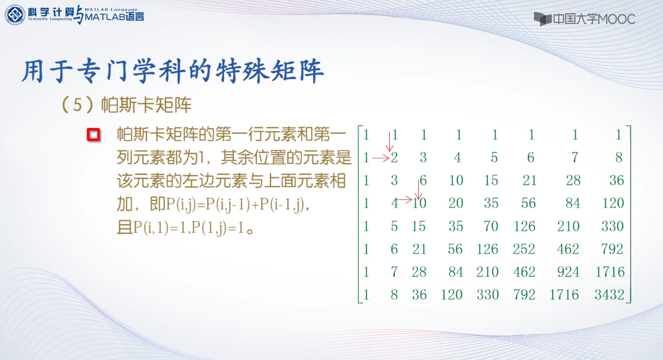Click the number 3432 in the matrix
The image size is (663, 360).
[x=609, y=295]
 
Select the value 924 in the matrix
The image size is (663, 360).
[x=568, y=272]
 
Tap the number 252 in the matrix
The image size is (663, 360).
[x=524, y=249]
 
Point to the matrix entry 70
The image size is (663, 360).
[x=491, y=226]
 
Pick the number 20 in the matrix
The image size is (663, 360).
[x=456, y=204]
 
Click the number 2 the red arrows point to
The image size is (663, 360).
[x=394, y=158]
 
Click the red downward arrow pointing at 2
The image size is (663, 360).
[x=389, y=141]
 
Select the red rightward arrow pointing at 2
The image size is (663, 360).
[x=381, y=159]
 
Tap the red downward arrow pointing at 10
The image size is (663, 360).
[x=418, y=189]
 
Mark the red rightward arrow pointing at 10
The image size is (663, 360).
[x=404, y=200]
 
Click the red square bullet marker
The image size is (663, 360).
[x=93, y=135]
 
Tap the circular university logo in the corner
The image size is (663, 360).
[x=15, y=15]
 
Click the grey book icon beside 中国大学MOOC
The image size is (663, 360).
[x=543, y=19]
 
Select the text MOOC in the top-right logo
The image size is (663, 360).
[x=615, y=19]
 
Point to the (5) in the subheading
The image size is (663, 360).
[x=77, y=105]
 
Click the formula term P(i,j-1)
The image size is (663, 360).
[x=228, y=204]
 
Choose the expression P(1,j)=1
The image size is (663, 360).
[x=218, y=228]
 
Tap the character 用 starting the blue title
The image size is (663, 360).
[x=33, y=71]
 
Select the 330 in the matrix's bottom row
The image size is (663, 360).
[x=487, y=295]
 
